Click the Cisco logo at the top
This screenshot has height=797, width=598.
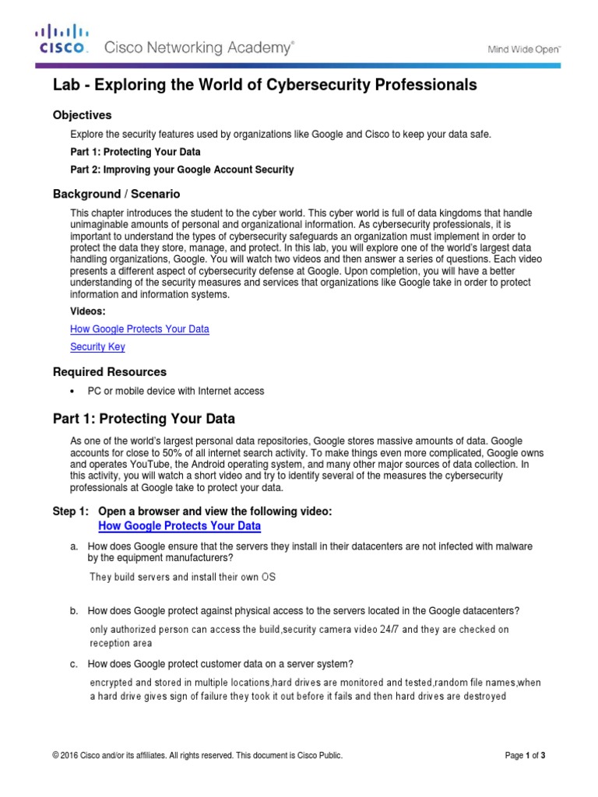[x=62, y=40]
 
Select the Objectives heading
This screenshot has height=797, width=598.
[x=82, y=115]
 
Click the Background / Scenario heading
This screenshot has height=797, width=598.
[x=116, y=194]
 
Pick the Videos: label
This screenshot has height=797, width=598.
[x=88, y=311]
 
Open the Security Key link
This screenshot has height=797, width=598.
[x=97, y=347]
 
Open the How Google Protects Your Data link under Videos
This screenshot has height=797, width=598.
[x=139, y=329]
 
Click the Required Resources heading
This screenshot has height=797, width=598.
[x=109, y=372]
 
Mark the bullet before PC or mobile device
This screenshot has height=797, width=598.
[x=72, y=391]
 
